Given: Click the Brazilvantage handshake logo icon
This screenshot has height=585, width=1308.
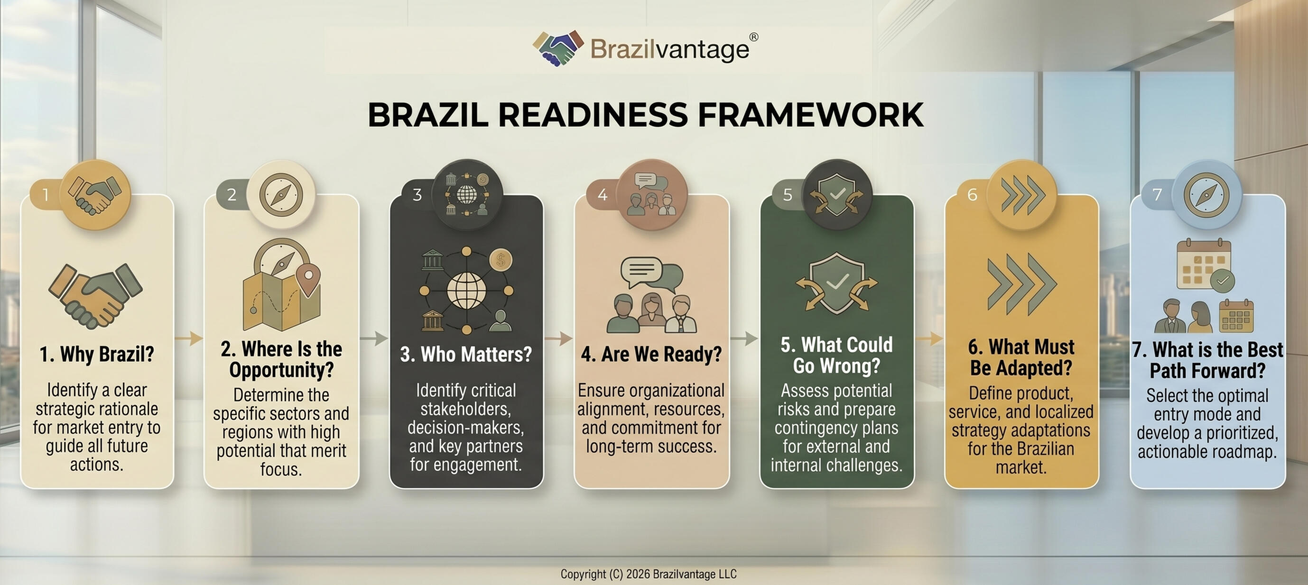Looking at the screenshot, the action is pyautogui.click(x=558, y=48).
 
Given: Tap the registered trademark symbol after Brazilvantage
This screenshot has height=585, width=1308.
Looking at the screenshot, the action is pyautogui.click(x=753, y=37).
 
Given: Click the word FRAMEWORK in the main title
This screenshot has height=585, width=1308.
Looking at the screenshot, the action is pyautogui.click(x=810, y=115).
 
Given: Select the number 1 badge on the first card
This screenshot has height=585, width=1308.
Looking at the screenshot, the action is pyautogui.click(x=46, y=195).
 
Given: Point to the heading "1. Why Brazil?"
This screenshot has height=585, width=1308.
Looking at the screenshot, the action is pyautogui.click(x=97, y=354).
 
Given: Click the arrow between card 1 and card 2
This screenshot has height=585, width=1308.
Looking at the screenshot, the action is pyautogui.click(x=189, y=338).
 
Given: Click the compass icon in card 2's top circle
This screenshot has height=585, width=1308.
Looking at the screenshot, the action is pyautogui.click(x=281, y=195).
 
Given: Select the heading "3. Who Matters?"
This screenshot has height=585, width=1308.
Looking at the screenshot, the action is pyautogui.click(x=465, y=354).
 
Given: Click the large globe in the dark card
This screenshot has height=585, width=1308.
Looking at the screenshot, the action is pyautogui.click(x=466, y=290).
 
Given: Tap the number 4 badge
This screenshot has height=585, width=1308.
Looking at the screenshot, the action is pyautogui.click(x=602, y=195).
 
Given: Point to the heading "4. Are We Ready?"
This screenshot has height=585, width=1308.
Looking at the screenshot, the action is pyautogui.click(x=651, y=354).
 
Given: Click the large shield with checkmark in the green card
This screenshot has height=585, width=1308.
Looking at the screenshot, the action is pyautogui.click(x=837, y=283).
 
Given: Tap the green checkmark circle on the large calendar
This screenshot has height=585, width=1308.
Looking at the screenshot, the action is pyautogui.click(x=1222, y=280).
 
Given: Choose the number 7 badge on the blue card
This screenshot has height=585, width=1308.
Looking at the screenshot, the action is pyautogui.click(x=1157, y=195).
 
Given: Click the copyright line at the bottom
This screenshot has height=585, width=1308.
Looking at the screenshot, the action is pyautogui.click(x=649, y=574).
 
